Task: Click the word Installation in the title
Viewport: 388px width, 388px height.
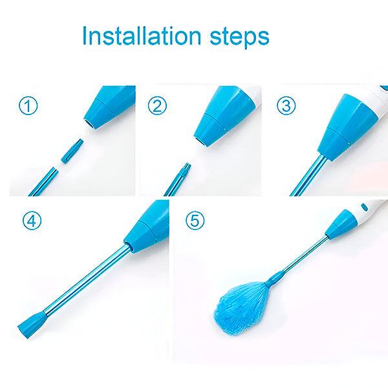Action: (142, 36)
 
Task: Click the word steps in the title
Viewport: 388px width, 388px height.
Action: (239, 38)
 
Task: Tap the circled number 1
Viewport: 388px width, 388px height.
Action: (28, 105)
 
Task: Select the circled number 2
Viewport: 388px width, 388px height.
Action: (157, 105)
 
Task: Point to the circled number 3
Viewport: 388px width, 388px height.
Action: (286, 105)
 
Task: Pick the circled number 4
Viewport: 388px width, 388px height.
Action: (32, 221)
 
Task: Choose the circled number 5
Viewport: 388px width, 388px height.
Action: (195, 221)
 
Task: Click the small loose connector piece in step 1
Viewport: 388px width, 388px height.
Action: (72, 151)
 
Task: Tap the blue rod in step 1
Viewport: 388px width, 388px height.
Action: (44, 182)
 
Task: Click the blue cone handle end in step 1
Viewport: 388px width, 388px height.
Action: (110, 107)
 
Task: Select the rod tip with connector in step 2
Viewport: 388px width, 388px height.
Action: (178, 179)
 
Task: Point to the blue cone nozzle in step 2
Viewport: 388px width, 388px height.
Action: (224, 116)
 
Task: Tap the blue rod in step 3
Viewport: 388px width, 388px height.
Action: (309, 175)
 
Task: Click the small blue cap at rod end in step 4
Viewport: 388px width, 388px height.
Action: (32, 325)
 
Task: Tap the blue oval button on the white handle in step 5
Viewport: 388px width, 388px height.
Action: (364, 207)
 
